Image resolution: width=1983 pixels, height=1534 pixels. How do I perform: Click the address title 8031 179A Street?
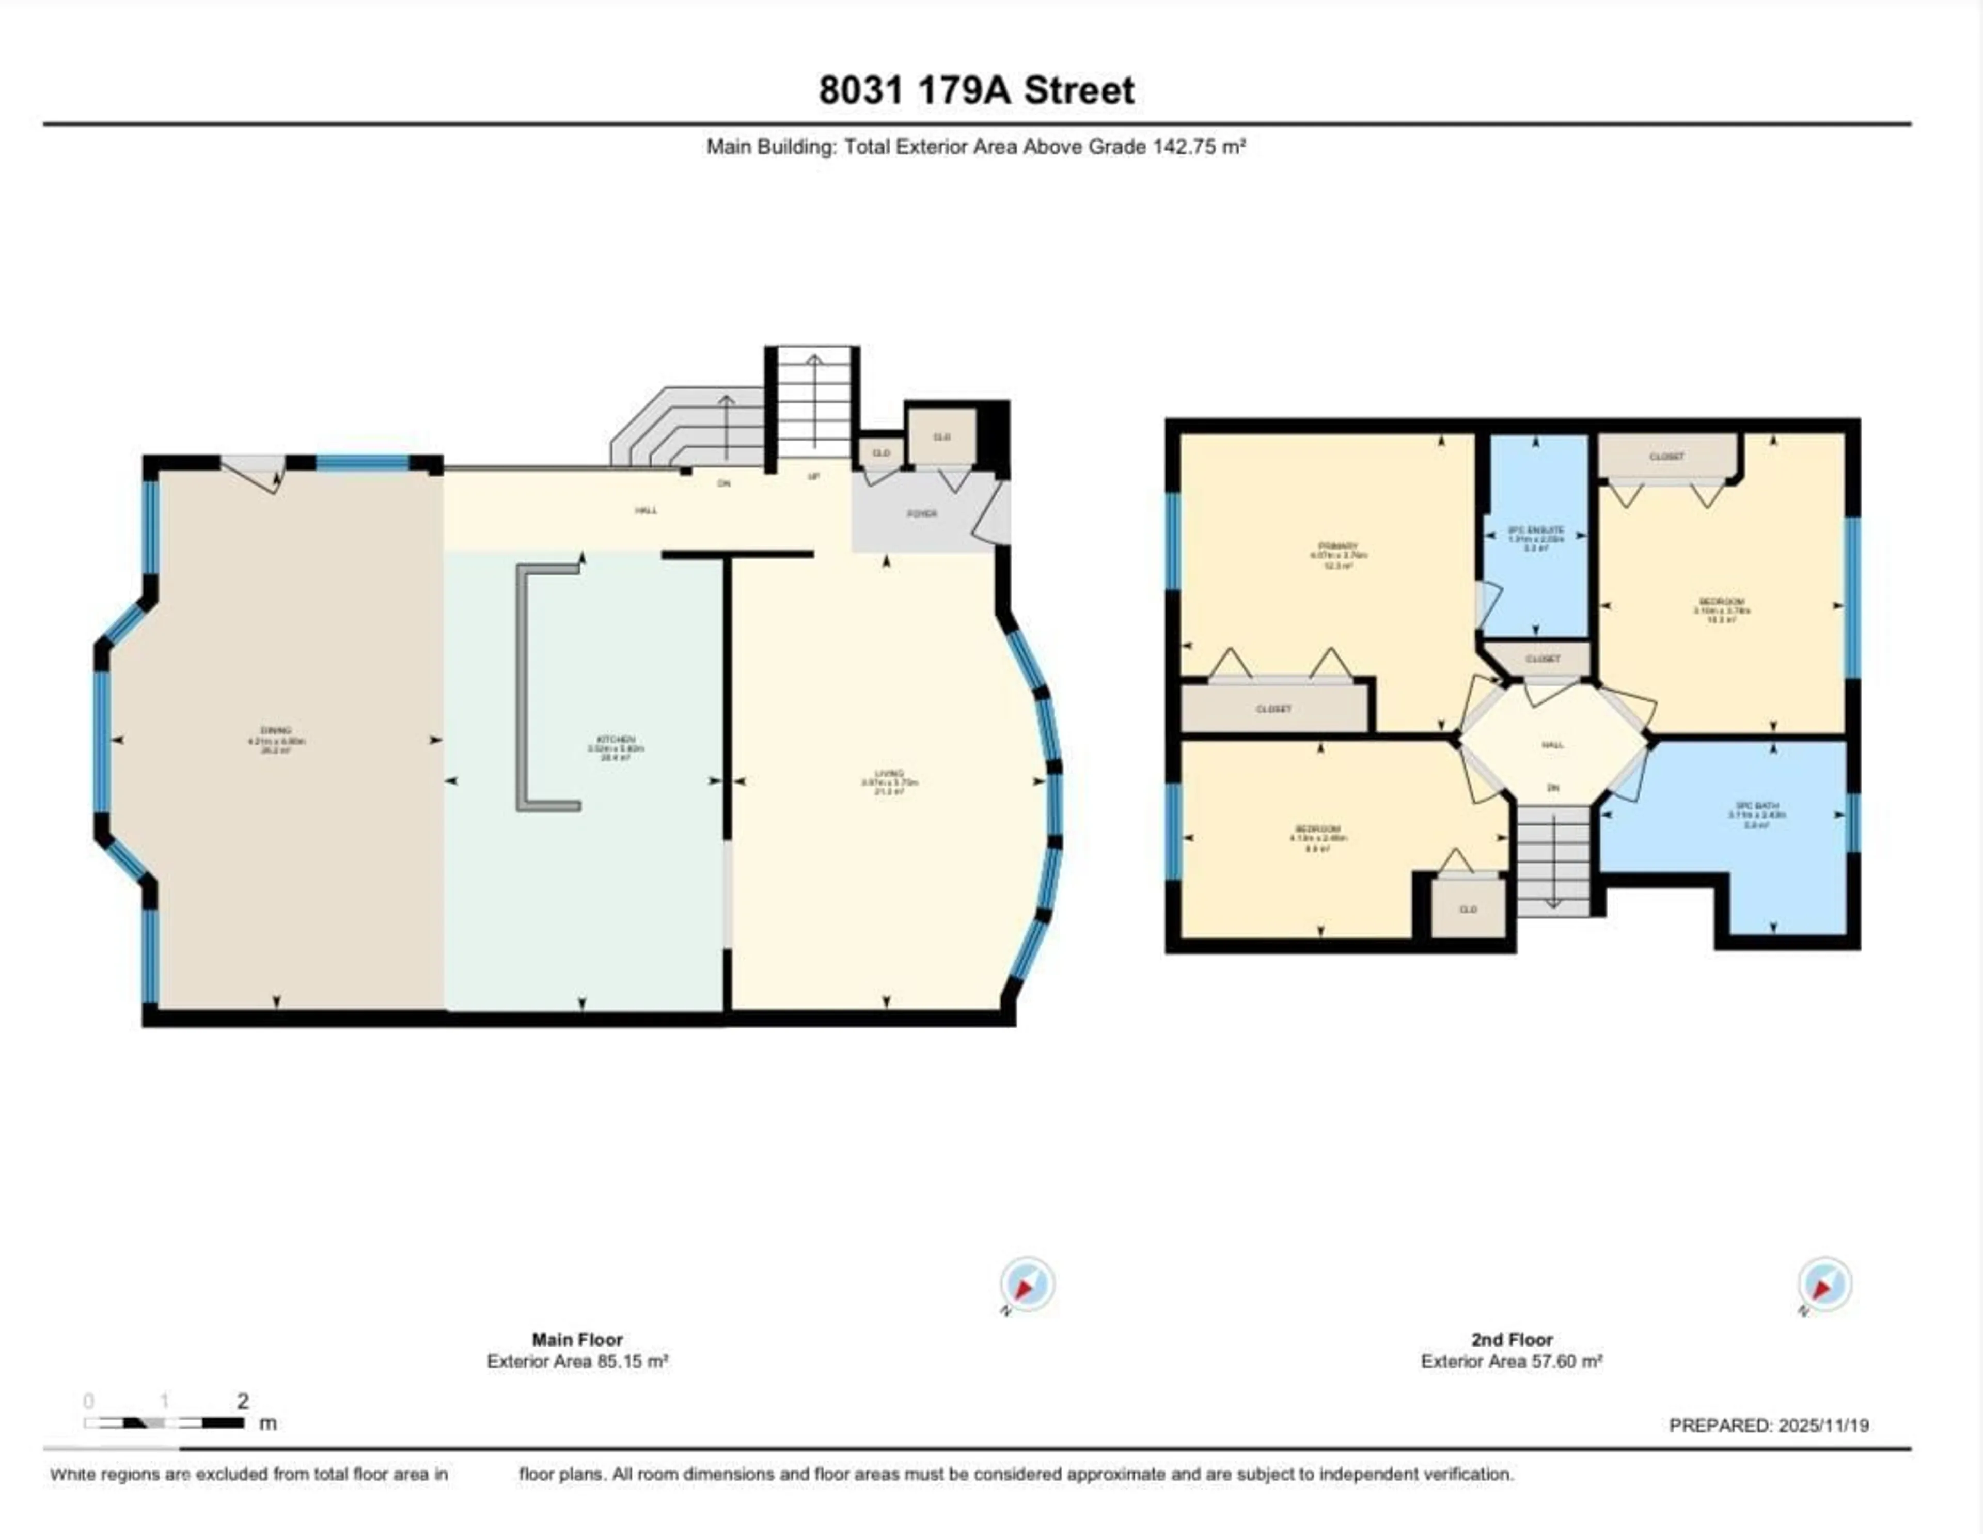[x=976, y=90]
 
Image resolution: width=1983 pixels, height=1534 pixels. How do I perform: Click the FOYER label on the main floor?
[x=922, y=513]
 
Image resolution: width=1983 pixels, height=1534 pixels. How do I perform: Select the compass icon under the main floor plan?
[x=1027, y=1284]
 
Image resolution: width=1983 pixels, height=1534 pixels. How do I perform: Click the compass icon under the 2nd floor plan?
[x=1824, y=1283]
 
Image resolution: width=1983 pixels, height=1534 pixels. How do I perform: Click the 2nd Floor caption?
[x=1511, y=1340]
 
